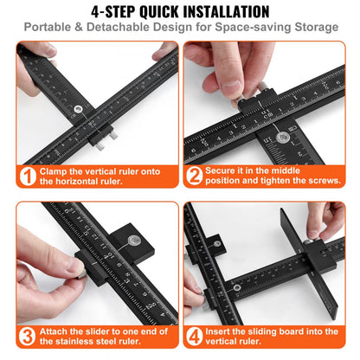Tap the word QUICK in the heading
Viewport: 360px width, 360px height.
click(136, 12)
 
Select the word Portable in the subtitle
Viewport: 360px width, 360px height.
click(53, 28)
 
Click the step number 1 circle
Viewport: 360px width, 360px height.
click(28, 177)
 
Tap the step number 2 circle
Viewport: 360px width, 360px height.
click(196, 177)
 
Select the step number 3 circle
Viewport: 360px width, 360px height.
click(28, 337)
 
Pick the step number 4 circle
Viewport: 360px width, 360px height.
click(196, 337)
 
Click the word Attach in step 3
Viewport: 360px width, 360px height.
click(58, 331)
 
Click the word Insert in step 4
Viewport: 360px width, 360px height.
click(225, 331)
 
